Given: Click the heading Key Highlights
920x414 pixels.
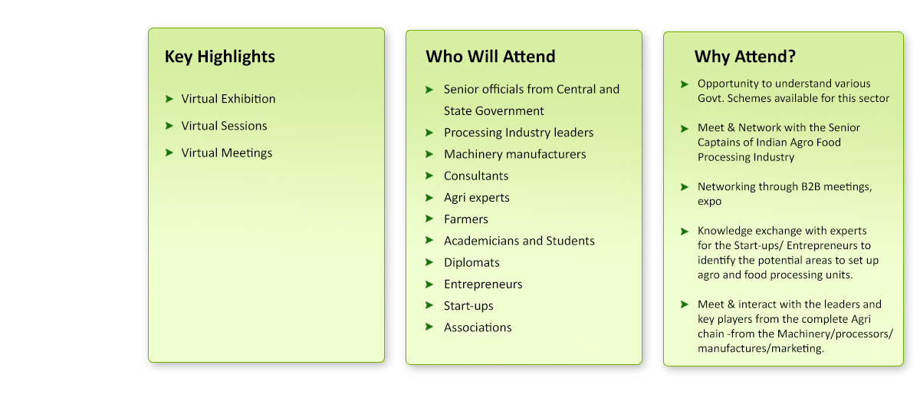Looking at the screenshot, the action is pos(220,57).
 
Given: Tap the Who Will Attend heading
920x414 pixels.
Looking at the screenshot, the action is pos(491,56).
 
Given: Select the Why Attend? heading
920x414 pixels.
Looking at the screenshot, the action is pos(745,57).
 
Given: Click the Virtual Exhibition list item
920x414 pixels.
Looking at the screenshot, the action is pos(228,99).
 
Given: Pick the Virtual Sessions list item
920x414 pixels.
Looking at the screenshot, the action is pos(224,126).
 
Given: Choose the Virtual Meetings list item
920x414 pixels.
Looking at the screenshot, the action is pos(227,153).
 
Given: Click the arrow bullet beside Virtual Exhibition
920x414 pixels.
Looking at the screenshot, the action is pos(169,99).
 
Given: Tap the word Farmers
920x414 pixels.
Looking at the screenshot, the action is pos(466,219).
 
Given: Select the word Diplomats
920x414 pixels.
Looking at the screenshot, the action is pos(472,262).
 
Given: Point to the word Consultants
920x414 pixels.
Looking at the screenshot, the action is pos(476,176).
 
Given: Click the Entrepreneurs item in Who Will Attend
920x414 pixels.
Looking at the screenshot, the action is pos(483,284).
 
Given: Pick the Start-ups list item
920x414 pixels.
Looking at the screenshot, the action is pos(468,306).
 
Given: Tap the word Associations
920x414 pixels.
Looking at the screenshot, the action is pos(478,327).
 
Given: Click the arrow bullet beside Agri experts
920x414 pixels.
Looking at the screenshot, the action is pos(429,198).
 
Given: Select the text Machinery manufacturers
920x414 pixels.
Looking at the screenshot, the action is pos(515,154).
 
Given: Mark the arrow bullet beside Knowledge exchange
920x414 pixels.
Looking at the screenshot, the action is pos(684,232).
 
